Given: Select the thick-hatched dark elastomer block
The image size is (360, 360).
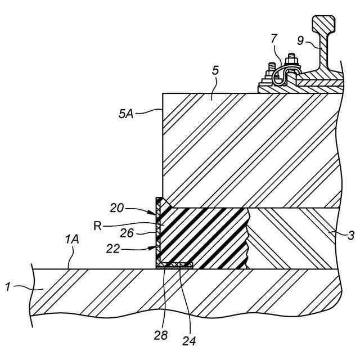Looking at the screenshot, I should tap(205, 236).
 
